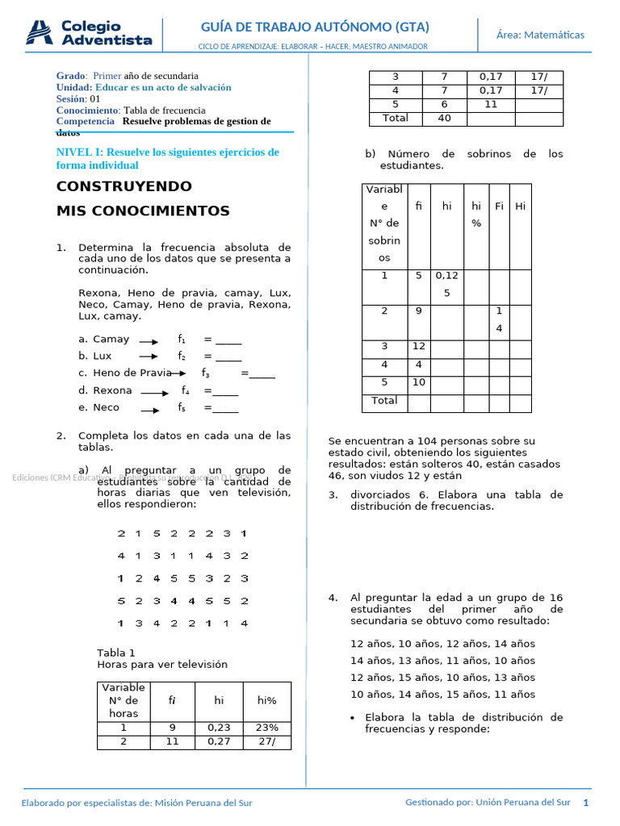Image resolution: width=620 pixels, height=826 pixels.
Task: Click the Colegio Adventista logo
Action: point(89,33)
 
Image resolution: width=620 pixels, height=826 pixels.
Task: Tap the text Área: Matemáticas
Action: point(540,34)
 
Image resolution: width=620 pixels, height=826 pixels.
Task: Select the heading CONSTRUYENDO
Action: point(124,187)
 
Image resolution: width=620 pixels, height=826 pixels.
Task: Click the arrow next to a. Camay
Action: point(149,341)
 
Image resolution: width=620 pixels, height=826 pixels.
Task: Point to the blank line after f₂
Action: point(228,357)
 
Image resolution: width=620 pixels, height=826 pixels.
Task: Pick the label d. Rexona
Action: point(105,390)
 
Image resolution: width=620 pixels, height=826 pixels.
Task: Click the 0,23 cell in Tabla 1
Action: point(219,728)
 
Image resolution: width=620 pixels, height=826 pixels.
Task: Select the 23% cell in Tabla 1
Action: point(266,728)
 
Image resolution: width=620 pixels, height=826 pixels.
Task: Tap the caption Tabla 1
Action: point(116,653)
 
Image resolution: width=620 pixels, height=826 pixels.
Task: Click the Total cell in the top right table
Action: point(395,119)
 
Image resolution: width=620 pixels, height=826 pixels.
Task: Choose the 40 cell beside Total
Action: point(444,119)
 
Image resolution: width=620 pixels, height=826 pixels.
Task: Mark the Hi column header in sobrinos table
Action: point(521,206)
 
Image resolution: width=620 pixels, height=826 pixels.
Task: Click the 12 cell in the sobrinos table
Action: point(419,347)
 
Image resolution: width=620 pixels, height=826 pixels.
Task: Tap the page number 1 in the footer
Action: point(586,803)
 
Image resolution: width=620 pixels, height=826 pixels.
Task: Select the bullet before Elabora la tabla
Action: point(354,718)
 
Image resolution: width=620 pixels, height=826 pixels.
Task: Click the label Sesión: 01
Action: point(78,99)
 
